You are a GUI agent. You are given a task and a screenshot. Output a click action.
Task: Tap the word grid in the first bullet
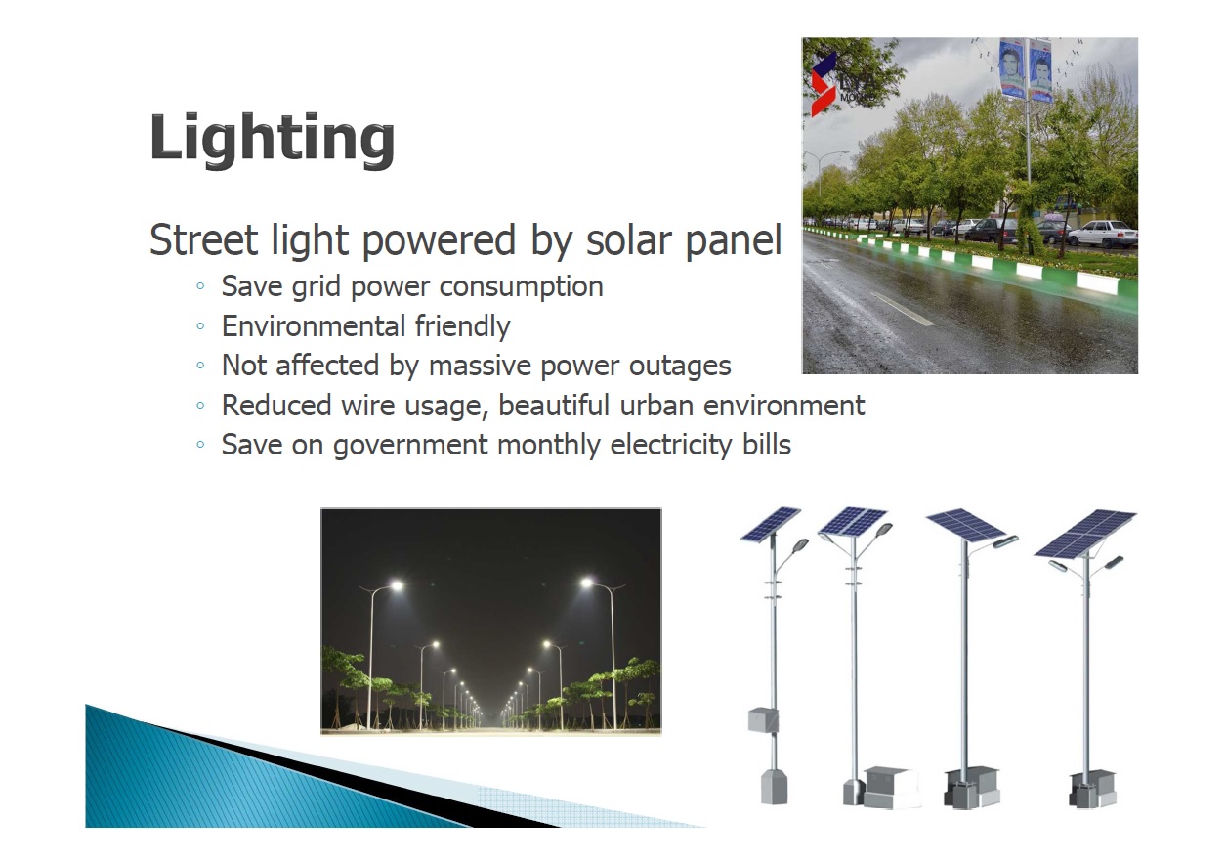[x=316, y=287]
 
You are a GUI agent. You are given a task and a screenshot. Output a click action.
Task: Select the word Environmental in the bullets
[x=313, y=325]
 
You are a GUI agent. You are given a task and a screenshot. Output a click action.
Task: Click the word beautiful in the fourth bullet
[x=553, y=406]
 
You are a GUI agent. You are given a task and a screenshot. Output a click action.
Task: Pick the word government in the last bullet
[x=410, y=445]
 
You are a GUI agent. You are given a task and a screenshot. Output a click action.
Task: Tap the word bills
[x=766, y=444]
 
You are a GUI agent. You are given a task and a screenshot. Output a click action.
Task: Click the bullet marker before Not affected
[x=200, y=366]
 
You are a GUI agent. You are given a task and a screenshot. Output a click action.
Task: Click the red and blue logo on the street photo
[x=824, y=83]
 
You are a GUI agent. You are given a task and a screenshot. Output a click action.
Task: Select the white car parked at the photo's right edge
[x=1102, y=234]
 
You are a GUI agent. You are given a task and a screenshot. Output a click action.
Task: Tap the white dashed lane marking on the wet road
[x=902, y=309]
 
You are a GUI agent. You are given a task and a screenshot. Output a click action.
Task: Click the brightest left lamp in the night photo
[x=397, y=585]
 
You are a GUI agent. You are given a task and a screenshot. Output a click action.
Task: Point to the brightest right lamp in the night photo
[x=587, y=582]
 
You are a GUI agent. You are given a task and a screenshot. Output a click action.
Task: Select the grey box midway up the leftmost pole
[x=763, y=720]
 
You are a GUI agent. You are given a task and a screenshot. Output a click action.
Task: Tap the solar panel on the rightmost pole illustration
[x=1084, y=534]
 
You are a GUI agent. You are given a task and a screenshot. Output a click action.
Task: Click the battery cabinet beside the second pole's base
[x=890, y=788]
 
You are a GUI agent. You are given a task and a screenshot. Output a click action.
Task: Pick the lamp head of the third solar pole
[x=1005, y=541]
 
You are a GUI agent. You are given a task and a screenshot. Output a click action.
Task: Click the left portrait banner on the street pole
[x=1011, y=68]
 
